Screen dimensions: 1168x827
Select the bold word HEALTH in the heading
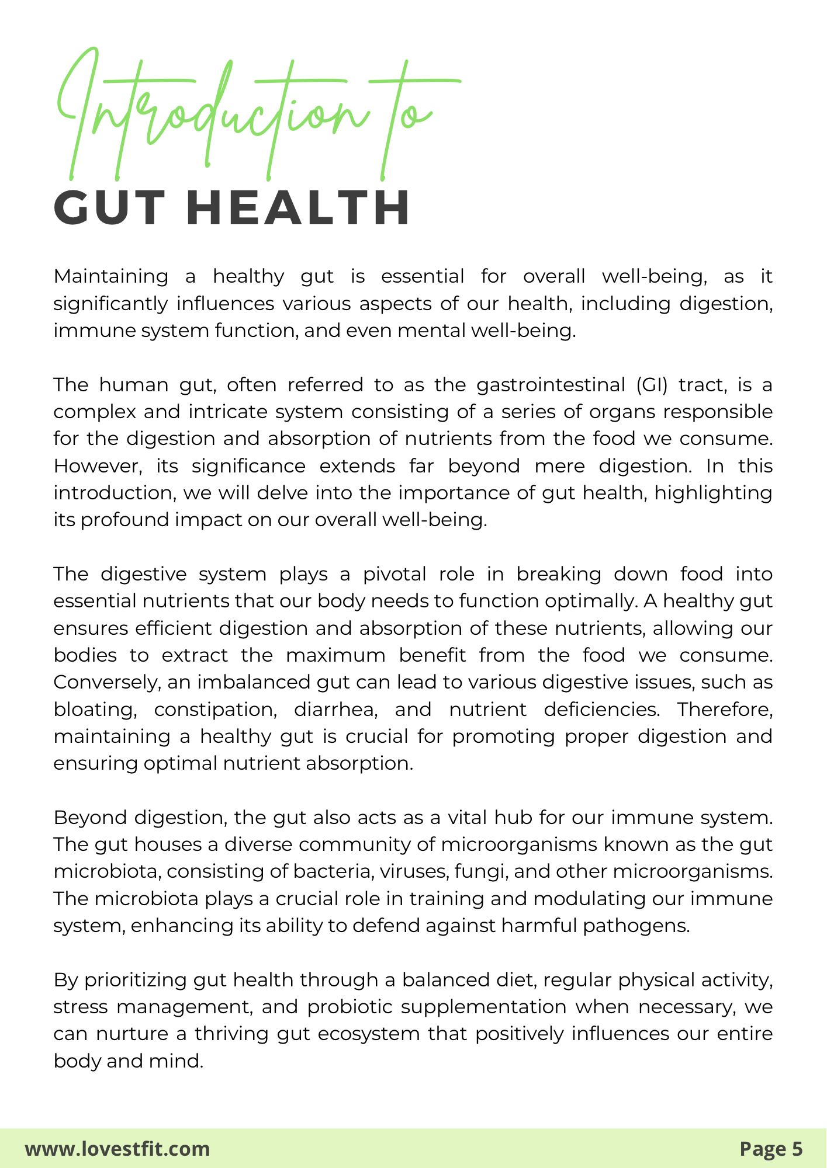298,208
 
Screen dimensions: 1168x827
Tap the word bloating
95,710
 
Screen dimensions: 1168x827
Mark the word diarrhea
335,710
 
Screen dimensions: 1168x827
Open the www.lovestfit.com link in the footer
117,1149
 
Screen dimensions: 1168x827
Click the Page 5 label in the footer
771,1149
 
